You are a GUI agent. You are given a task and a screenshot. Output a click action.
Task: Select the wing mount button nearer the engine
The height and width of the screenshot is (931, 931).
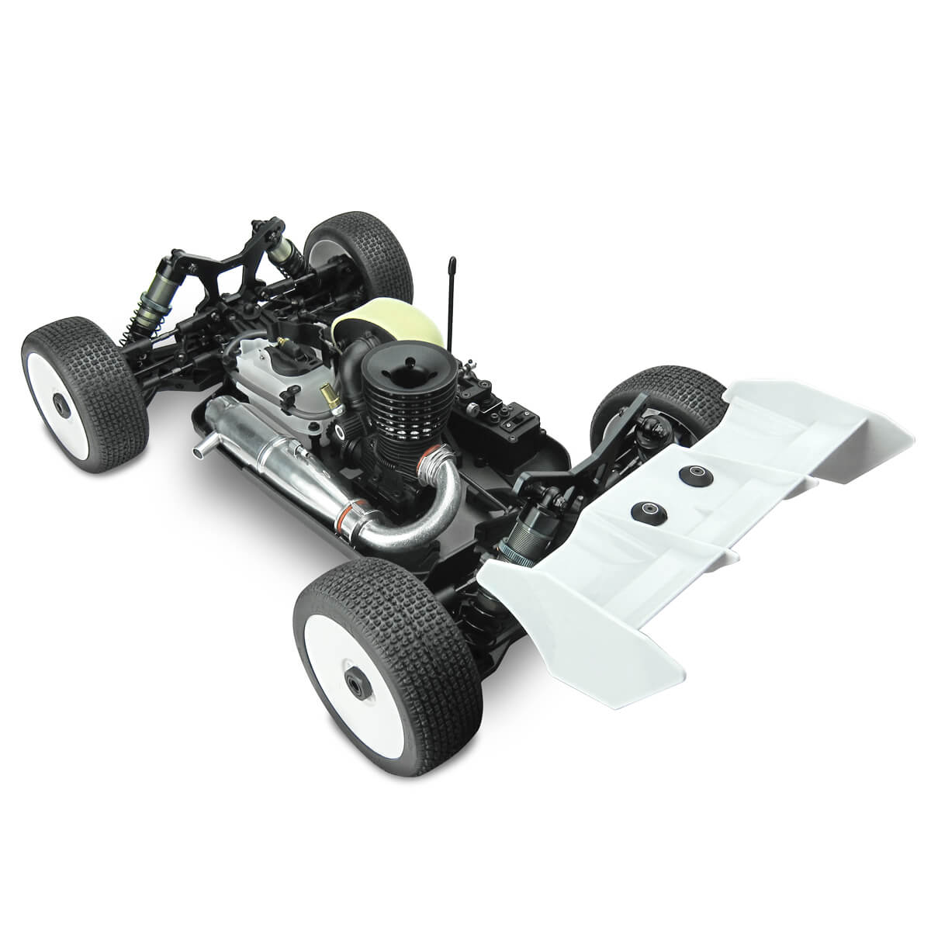(646, 510)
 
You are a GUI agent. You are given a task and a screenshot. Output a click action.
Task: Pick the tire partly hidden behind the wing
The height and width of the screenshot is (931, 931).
(636, 411)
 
